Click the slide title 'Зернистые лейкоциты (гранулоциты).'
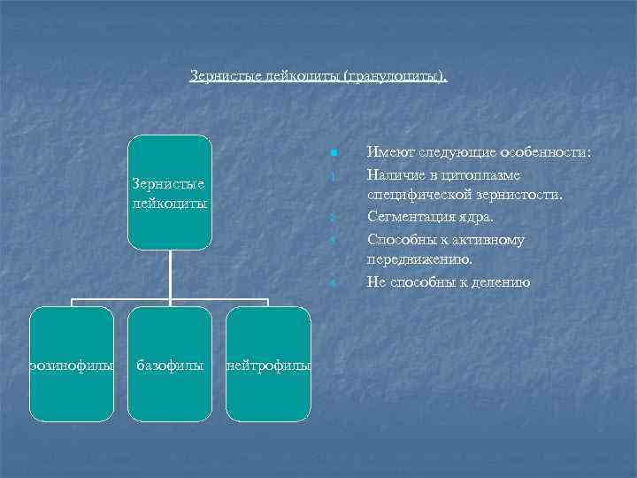tap(318, 77)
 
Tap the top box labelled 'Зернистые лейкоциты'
tap(169, 192)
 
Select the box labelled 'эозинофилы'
tap(72, 364)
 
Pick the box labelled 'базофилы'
tap(169, 364)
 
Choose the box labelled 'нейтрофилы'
tap(268, 364)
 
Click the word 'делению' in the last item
tap(500, 282)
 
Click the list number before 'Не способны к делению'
tap(330, 284)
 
